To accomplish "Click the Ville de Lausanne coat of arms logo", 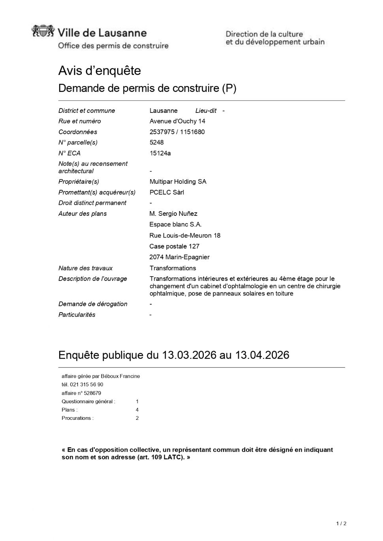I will click(43, 31).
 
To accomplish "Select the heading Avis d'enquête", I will click(100, 71).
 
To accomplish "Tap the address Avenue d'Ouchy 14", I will click(177, 121).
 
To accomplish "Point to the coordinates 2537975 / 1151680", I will click(177, 132).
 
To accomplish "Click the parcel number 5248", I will click(156, 142).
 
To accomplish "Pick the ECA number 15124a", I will click(160, 153).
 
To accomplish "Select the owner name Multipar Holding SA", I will click(178, 182).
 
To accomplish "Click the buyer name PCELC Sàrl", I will click(167, 192).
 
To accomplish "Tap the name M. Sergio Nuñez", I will click(173, 213).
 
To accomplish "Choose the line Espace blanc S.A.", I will click(175, 225).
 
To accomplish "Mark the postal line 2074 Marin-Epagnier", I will click(179, 257).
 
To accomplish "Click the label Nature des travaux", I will click(85, 268).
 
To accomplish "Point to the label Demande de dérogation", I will click(93, 304).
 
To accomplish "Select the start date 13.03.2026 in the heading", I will click(189, 355).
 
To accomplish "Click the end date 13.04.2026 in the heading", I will click(262, 355).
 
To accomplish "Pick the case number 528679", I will click(92, 393).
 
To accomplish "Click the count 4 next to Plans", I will click(137, 410).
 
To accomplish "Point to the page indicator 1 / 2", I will click(341, 524).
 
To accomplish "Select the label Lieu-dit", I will click(206, 110).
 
